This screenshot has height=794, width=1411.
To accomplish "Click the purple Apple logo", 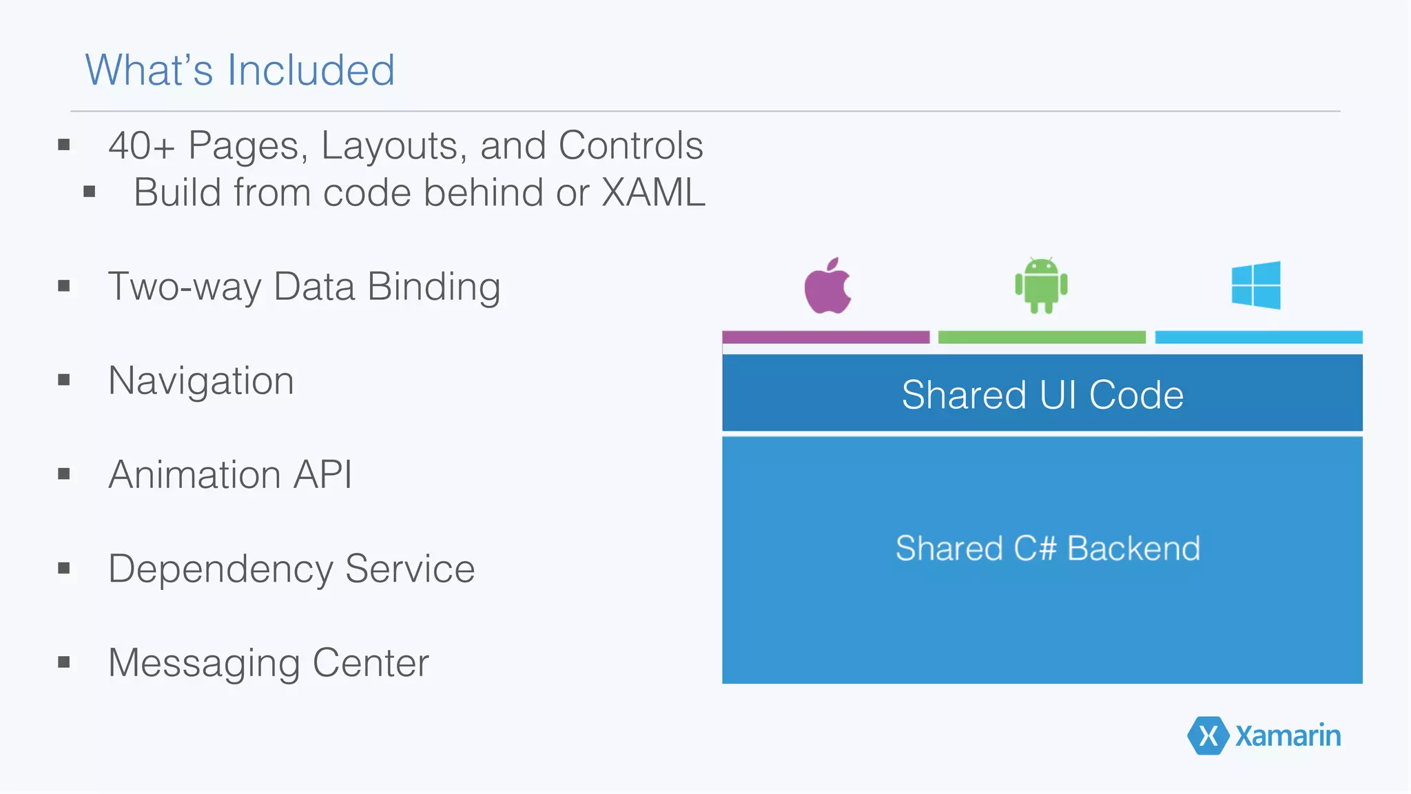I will click(827, 287).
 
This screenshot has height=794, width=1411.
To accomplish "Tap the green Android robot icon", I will click(1041, 285).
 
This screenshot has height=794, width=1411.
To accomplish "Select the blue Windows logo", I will click(1256, 285).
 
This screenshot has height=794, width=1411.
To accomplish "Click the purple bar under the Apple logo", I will click(825, 337).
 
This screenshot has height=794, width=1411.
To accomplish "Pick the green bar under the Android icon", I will click(1042, 337).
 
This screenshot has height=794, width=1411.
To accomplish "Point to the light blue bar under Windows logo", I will click(1258, 337).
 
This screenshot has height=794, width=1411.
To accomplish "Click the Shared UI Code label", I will click(1042, 395).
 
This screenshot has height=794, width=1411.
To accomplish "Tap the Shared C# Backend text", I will click(1047, 549).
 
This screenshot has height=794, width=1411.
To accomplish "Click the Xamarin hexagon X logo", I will click(1208, 735).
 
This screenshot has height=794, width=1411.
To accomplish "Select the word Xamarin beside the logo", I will click(1288, 736).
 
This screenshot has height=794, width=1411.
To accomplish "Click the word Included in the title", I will click(311, 70).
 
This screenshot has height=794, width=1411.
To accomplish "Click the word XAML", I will click(653, 192).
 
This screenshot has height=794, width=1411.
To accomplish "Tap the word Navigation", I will click(201, 381).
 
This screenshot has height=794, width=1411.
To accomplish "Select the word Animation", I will click(194, 475).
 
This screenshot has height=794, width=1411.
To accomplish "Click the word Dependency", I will click(220, 570).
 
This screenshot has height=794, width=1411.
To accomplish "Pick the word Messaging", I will click(204, 664).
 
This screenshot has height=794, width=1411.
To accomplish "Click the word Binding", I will click(434, 287).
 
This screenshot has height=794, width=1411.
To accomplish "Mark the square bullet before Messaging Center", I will click(64, 662).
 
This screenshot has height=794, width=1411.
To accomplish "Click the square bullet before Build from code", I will click(89, 192).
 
